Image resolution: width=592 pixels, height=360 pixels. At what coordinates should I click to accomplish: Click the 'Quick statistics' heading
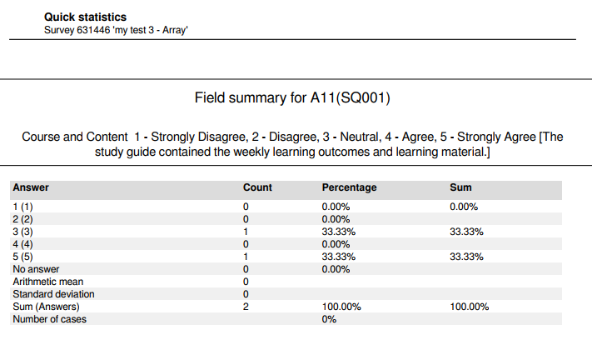point(85,17)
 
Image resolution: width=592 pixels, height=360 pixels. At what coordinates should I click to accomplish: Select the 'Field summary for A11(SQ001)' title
point(292,98)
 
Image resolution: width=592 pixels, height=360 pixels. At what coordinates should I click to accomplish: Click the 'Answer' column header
point(31,187)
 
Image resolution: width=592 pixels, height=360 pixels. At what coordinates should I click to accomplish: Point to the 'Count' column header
point(257,187)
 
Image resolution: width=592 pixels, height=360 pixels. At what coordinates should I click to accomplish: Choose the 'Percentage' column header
point(349,187)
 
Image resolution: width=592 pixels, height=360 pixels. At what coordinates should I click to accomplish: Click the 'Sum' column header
point(460,187)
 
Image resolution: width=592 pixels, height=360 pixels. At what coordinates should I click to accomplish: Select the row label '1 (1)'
point(23,207)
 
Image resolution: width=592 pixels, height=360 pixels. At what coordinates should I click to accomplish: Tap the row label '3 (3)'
point(23,232)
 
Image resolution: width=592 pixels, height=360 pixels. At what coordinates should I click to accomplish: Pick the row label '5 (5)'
point(23,257)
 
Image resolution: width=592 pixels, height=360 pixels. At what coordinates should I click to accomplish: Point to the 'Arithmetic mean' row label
point(47,282)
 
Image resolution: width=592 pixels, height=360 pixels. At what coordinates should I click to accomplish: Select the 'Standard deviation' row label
point(53,294)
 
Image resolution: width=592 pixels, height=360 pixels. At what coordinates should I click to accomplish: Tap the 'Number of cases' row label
point(49,319)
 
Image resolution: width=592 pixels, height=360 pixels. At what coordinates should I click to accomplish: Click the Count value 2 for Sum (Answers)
point(246,307)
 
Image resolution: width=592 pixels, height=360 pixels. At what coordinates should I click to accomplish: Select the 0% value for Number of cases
point(329,319)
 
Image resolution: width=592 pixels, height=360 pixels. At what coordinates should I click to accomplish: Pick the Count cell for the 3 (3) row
point(246,232)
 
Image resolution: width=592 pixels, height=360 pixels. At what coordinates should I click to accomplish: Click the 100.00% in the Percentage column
point(341,307)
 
